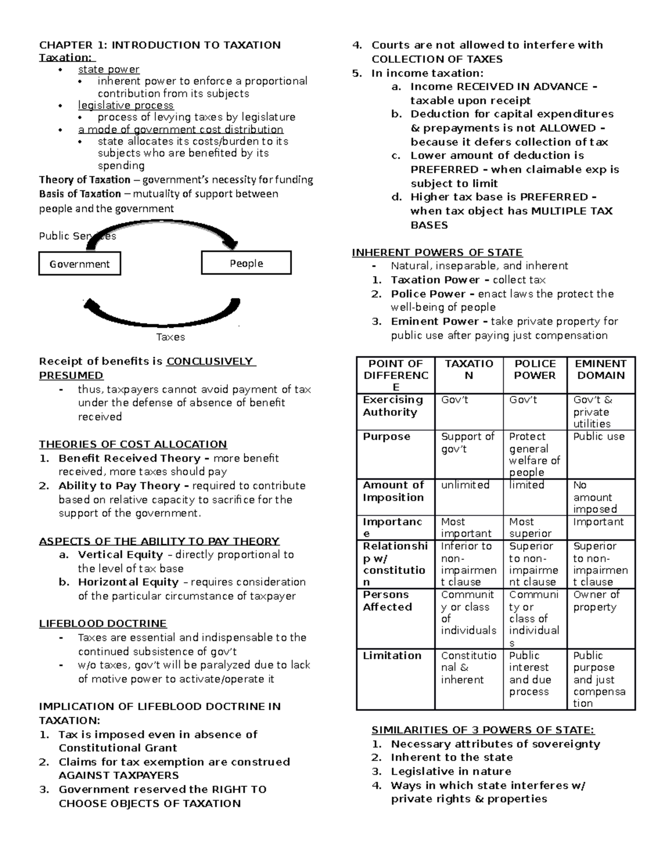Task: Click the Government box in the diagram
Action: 79,264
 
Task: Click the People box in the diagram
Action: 246,263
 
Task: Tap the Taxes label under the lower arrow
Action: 170,337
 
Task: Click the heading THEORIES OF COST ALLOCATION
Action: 133,444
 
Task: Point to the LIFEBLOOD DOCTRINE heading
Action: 103,624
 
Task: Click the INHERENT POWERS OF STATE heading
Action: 437,253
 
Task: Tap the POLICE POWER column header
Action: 535,369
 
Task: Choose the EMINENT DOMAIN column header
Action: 601,369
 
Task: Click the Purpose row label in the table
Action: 386,437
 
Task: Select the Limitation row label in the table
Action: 392,655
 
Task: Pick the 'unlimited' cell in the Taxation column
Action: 465,485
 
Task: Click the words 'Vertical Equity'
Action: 120,554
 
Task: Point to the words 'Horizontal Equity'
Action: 128,582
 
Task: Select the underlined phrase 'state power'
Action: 109,69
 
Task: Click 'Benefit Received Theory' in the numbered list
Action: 129,458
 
